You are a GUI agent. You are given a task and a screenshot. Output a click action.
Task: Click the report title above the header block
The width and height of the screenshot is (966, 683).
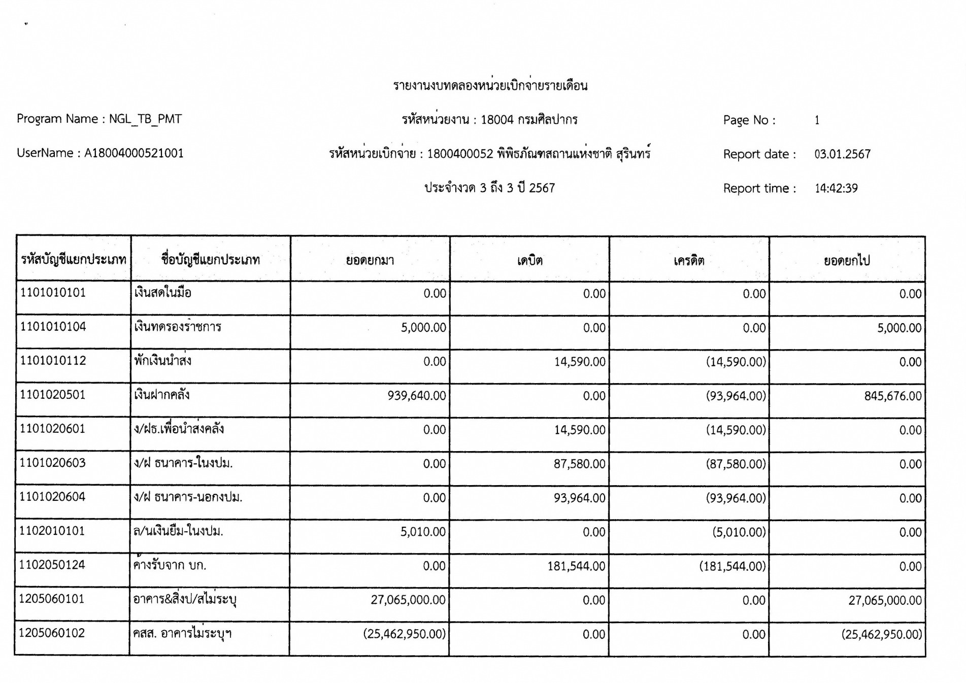click(x=490, y=85)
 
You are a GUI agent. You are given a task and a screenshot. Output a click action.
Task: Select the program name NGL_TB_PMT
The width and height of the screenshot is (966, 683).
click(x=145, y=119)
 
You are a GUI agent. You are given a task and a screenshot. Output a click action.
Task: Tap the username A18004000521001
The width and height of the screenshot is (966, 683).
click(x=134, y=153)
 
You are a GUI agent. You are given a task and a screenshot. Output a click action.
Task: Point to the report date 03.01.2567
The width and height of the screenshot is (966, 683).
click(x=842, y=154)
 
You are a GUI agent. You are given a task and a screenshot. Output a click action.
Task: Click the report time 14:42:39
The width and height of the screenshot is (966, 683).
click(x=836, y=189)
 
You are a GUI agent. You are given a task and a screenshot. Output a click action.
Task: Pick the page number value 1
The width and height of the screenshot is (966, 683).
click(x=817, y=120)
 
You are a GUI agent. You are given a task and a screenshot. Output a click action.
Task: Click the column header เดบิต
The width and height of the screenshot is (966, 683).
click(x=529, y=261)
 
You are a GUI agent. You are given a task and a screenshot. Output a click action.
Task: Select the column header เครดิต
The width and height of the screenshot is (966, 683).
click(x=689, y=261)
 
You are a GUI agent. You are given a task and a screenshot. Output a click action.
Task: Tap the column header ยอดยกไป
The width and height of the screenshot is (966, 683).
click(x=847, y=261)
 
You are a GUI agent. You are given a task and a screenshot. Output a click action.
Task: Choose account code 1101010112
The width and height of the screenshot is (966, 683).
click(x=53, y=361)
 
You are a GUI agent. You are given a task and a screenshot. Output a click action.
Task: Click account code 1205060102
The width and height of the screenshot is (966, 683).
click(x=52, y=633)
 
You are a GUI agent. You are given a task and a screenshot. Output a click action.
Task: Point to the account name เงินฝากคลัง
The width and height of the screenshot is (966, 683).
click(x=162, y=395)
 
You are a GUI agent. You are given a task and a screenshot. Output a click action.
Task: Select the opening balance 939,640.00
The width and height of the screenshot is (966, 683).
click(x=417, y=396)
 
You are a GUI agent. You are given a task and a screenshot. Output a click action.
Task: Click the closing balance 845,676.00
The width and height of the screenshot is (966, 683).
click(x=893, y=396)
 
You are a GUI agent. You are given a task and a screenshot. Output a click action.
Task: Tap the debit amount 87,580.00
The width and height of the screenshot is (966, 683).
click(x=580, y=464)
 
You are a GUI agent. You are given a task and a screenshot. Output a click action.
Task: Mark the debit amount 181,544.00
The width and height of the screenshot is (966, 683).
click(x=576, y=566)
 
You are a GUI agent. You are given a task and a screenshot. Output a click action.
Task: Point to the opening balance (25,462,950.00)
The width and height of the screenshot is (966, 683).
click(x=405, y=634)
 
